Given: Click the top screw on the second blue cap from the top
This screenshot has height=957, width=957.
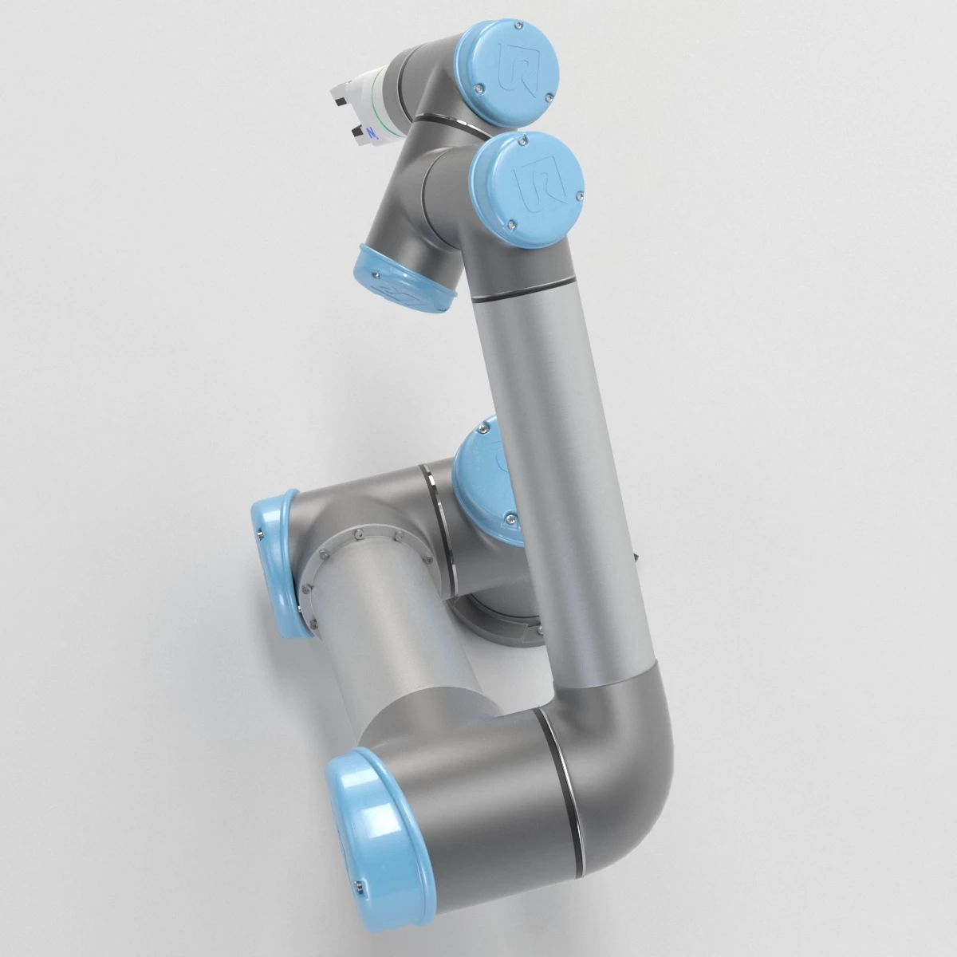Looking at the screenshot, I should click(523, 141).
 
